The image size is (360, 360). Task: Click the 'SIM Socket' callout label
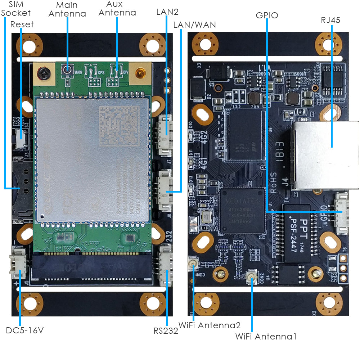[16, 9]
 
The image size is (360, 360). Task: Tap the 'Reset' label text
[22, 24]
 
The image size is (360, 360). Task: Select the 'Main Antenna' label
[67, 10]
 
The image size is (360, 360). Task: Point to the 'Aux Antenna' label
[117, 8]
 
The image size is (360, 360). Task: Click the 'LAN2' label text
[167, 12]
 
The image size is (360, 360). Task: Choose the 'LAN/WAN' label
[194, 25]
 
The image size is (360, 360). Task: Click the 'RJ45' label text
[330, 20]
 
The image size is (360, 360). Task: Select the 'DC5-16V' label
[25, 330]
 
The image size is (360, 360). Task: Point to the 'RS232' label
[166, 331]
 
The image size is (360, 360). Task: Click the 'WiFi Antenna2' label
[210, 325]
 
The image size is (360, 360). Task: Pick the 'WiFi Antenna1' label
[266, 337]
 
